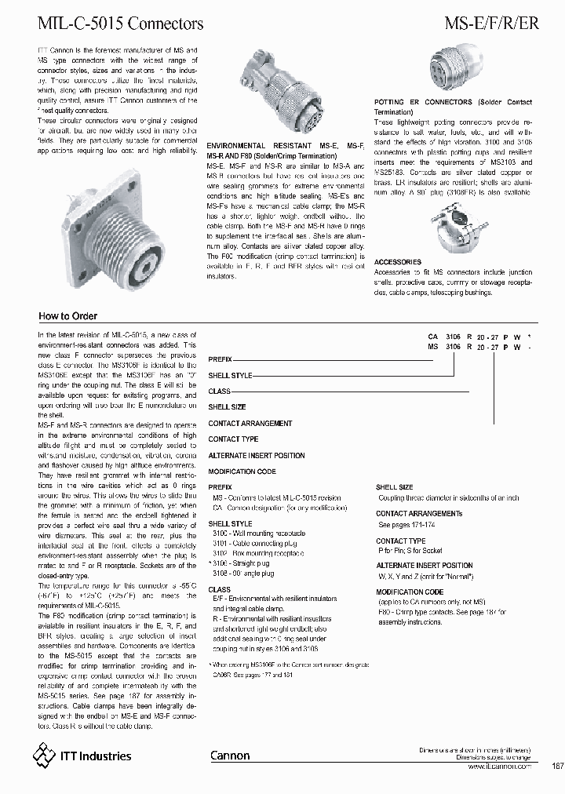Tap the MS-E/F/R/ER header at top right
(x=491, y=24)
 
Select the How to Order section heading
(x=68, y=316)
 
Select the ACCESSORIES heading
(x=397, y=262)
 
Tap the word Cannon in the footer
(x=230, y=756)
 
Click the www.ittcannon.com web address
(x=497, y=766)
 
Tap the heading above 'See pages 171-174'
(x=419, y=514)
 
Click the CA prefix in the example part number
(x=432, y=335)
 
